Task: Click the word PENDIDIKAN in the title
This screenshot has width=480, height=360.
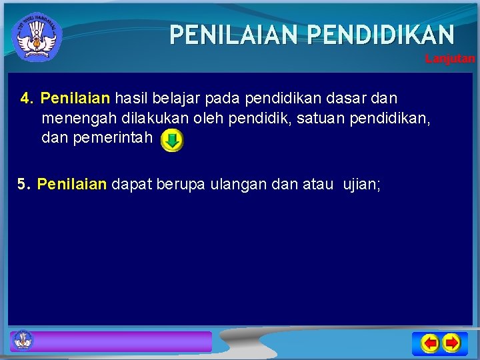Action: pyautogui.click(x=381, y=34)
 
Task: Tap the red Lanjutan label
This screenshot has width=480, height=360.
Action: pyautogui.click(x=450, y=59)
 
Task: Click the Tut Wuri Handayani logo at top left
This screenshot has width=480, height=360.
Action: pyautogui.click(x=37, y=37)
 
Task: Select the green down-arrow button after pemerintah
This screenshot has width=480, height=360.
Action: pyautogui.click(x=172, y=141)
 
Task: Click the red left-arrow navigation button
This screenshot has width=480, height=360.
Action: pyautogui.click(x=430, y=343)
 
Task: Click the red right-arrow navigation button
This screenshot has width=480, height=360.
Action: pyautogui.click(x=451, y=343)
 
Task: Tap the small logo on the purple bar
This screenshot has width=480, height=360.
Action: pyautogui.click(x=23, y=340)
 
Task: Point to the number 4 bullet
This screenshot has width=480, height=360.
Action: pyautogui.click(x=27, y=99)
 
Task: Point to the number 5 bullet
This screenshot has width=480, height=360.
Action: pyautogui.click(x=24, y=184)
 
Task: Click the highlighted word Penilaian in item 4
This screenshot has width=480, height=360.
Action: pyautogui.click(x=75, y=99)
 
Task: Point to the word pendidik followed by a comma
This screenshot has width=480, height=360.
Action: pyautogui.click(x=265, y=119)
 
